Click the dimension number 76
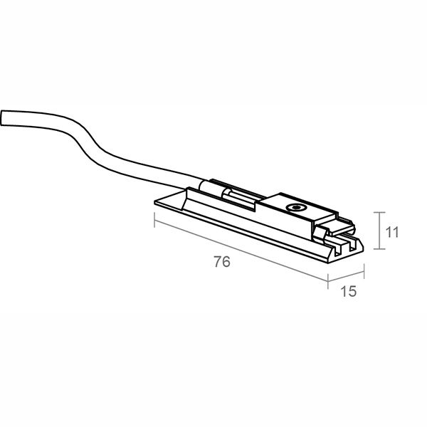point(222,262)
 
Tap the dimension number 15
point(348,291)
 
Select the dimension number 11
point(392,232)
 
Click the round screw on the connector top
point(296,208)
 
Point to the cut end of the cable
point(2,118)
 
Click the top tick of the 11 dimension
point(379,212)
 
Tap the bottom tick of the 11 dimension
point(379,248)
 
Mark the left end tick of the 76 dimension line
point(154,220)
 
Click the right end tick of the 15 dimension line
point(364,271)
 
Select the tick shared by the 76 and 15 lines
point(328,281)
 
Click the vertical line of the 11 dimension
point(379,231)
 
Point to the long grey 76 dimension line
point(241,251)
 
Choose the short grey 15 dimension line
point(346,276)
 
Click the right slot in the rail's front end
point(352,245)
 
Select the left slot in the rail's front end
point(337,250)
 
